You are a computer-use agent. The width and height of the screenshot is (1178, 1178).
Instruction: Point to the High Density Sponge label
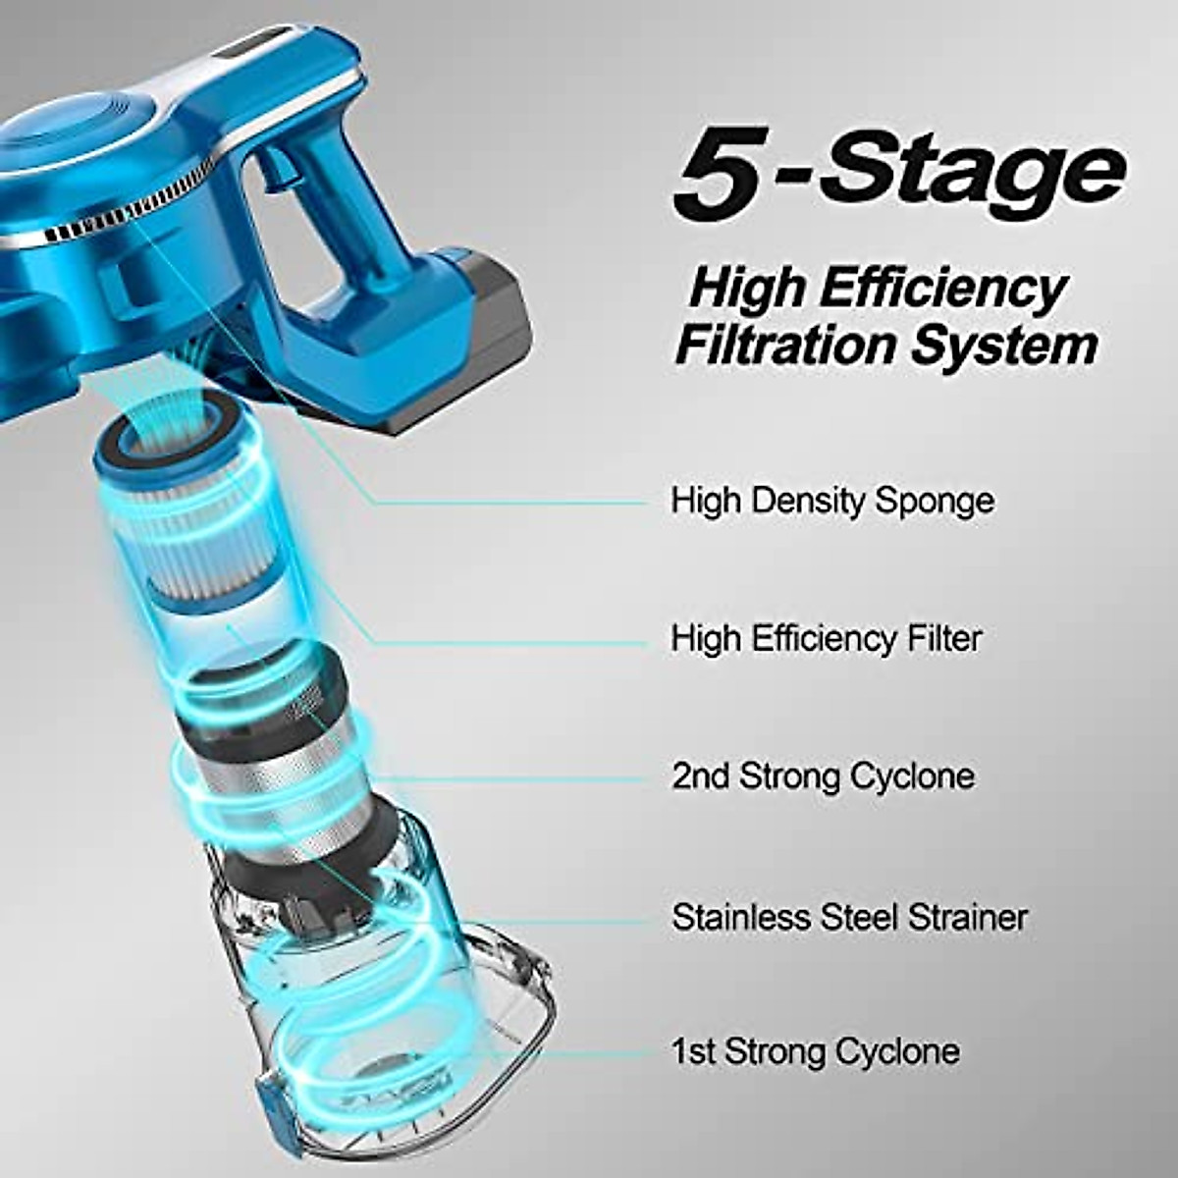832,501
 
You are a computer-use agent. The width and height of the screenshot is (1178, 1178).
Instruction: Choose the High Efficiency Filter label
826,639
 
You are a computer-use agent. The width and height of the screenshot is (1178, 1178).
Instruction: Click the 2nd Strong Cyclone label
823,776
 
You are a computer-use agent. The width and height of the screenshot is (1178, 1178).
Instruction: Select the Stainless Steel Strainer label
849,917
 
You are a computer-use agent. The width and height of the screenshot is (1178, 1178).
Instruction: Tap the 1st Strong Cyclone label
815,1051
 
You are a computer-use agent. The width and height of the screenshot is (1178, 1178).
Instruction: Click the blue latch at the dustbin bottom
269,1109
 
